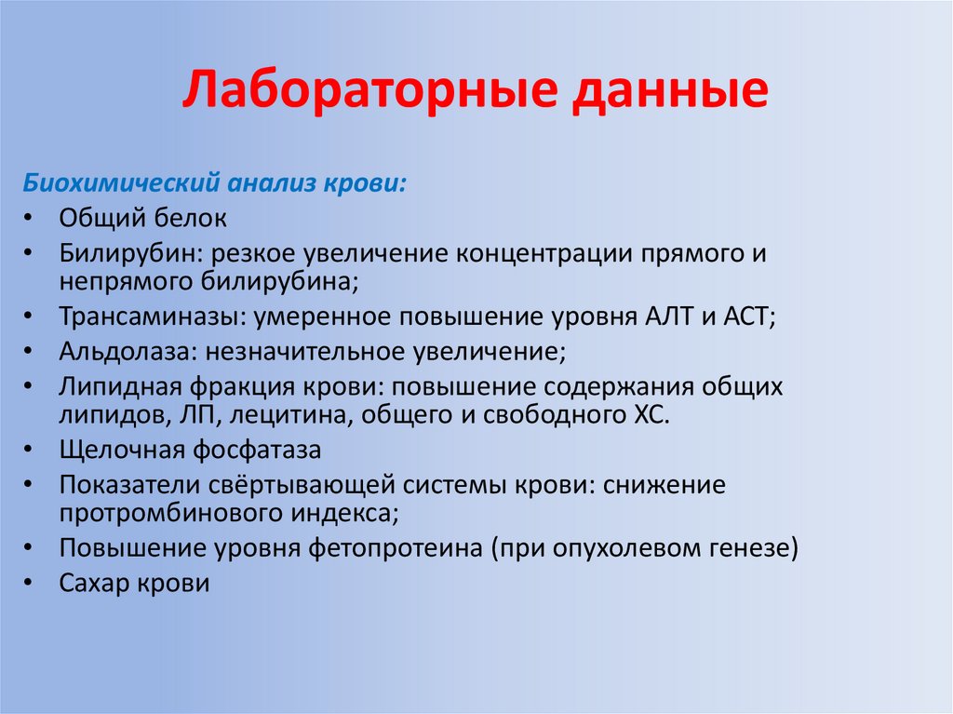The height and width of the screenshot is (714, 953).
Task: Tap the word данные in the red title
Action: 670,91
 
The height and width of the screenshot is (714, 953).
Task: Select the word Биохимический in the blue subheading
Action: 121,182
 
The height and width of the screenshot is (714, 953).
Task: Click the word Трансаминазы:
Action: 153,317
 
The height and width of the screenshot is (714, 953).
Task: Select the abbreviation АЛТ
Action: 668,317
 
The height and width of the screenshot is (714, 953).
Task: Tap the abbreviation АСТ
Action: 749,317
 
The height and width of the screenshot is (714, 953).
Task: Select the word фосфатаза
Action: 257,451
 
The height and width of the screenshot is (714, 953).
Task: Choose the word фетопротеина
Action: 395,548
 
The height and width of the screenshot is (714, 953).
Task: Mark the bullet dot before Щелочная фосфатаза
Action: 28,450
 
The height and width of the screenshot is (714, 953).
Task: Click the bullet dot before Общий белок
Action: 28,218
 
